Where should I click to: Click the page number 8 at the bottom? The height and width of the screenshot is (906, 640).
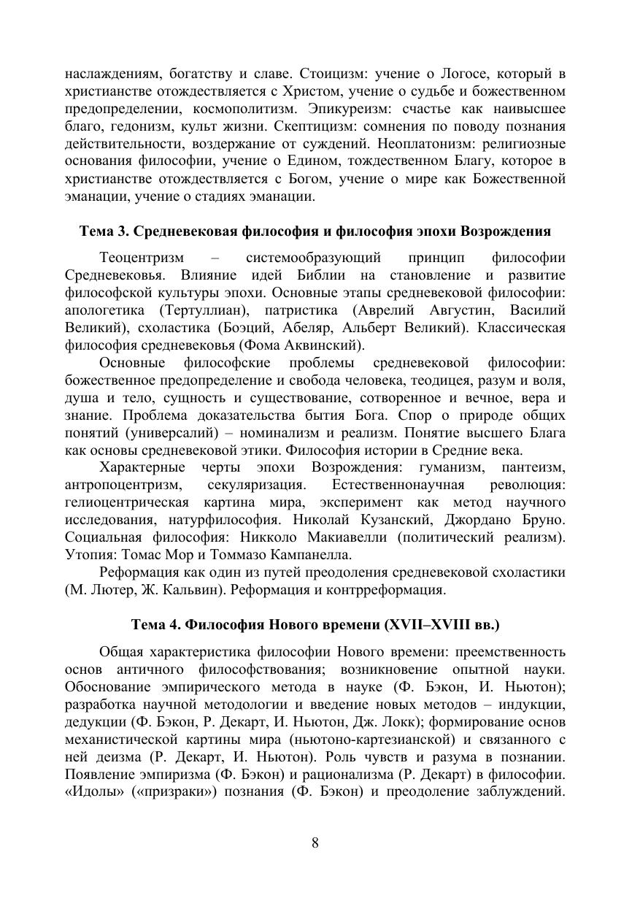click(315, 843)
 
